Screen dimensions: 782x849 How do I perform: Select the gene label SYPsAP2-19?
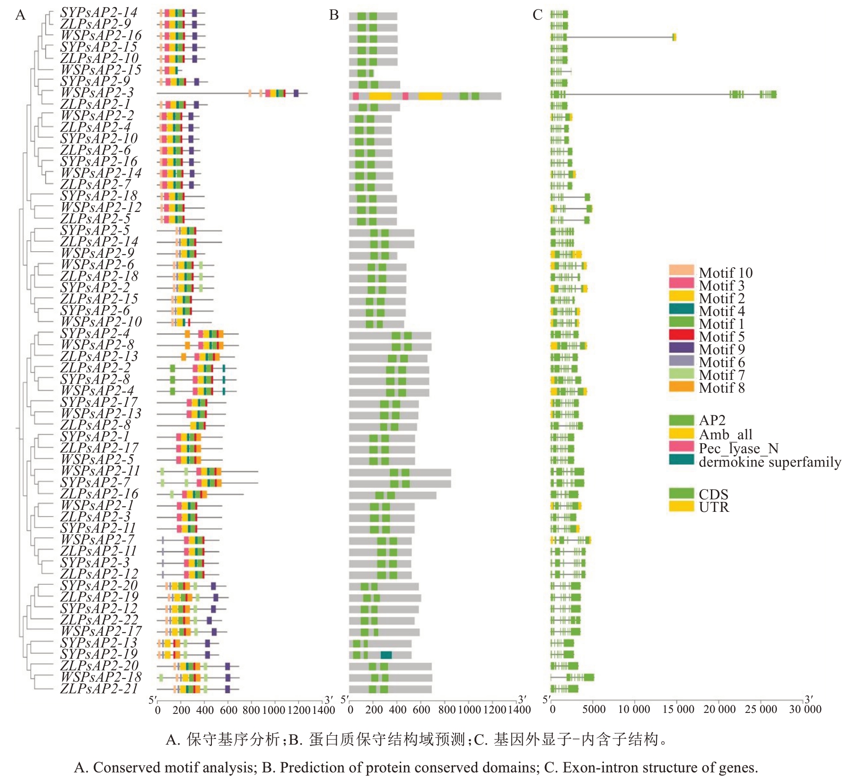pos(98,655)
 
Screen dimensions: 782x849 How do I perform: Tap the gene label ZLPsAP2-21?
pos(98,689)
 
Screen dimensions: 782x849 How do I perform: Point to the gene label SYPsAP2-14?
pos(98,13)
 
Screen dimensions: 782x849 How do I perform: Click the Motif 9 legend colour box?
pos(681,349)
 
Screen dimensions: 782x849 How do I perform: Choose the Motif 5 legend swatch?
pos(681,336)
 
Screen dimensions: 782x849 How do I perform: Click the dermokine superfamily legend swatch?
pos(681,460)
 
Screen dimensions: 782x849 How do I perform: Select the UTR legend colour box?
pos(681,507)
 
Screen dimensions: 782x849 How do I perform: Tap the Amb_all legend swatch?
pos(681,433)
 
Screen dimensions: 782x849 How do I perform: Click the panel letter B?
pos(334,15)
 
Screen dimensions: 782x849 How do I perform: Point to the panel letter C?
pos(537,15)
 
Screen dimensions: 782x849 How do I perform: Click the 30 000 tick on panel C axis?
pos(805,710)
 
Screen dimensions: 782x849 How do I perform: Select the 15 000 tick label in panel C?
pos(678,710)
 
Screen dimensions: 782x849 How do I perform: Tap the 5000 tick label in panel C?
pos(594,710)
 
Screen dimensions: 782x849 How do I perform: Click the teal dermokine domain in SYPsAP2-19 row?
pos(386,655)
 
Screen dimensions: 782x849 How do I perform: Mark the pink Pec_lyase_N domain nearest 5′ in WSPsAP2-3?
pos(356,97)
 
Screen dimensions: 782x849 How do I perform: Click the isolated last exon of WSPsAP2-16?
pos(674,37)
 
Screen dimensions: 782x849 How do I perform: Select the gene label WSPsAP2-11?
pos(100,471)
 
